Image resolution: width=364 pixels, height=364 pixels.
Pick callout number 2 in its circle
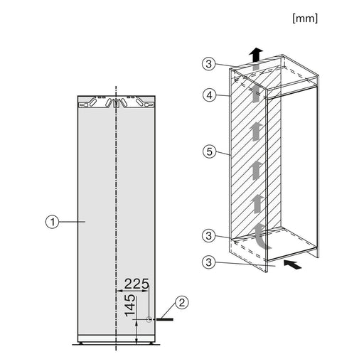tap(182, 304)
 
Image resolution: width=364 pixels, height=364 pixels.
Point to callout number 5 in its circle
tap(208, 151)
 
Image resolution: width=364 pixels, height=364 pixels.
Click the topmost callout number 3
tap(208, 65)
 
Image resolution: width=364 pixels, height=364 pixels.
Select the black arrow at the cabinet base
tap(290, 264)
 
